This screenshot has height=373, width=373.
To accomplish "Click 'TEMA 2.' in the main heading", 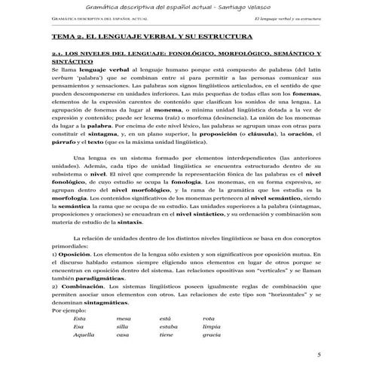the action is point(66,35).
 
